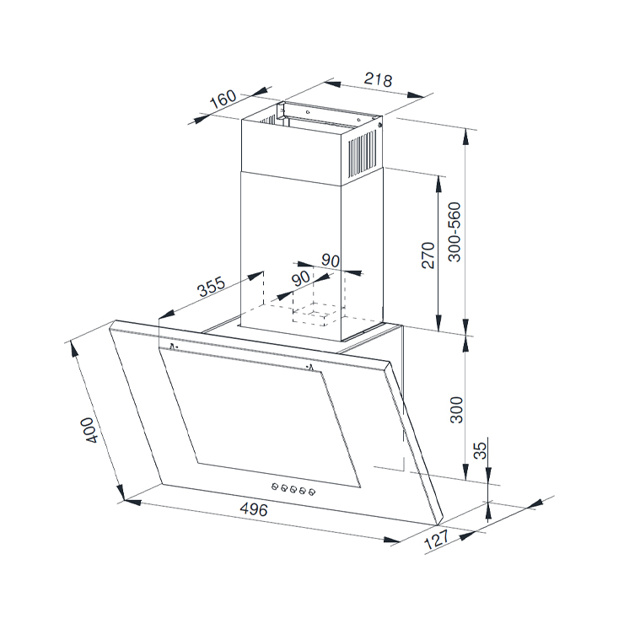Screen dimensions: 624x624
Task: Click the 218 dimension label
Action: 378,79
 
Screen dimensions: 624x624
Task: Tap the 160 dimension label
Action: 223,99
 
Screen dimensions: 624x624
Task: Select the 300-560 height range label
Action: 454,232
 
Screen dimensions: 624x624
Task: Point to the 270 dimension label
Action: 428,256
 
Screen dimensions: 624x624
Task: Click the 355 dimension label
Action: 212,286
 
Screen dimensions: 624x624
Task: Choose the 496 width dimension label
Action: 254,508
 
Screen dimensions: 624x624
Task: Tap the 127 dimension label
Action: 437,540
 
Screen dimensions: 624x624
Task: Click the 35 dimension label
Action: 481,450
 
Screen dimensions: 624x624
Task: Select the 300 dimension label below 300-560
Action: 456,410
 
